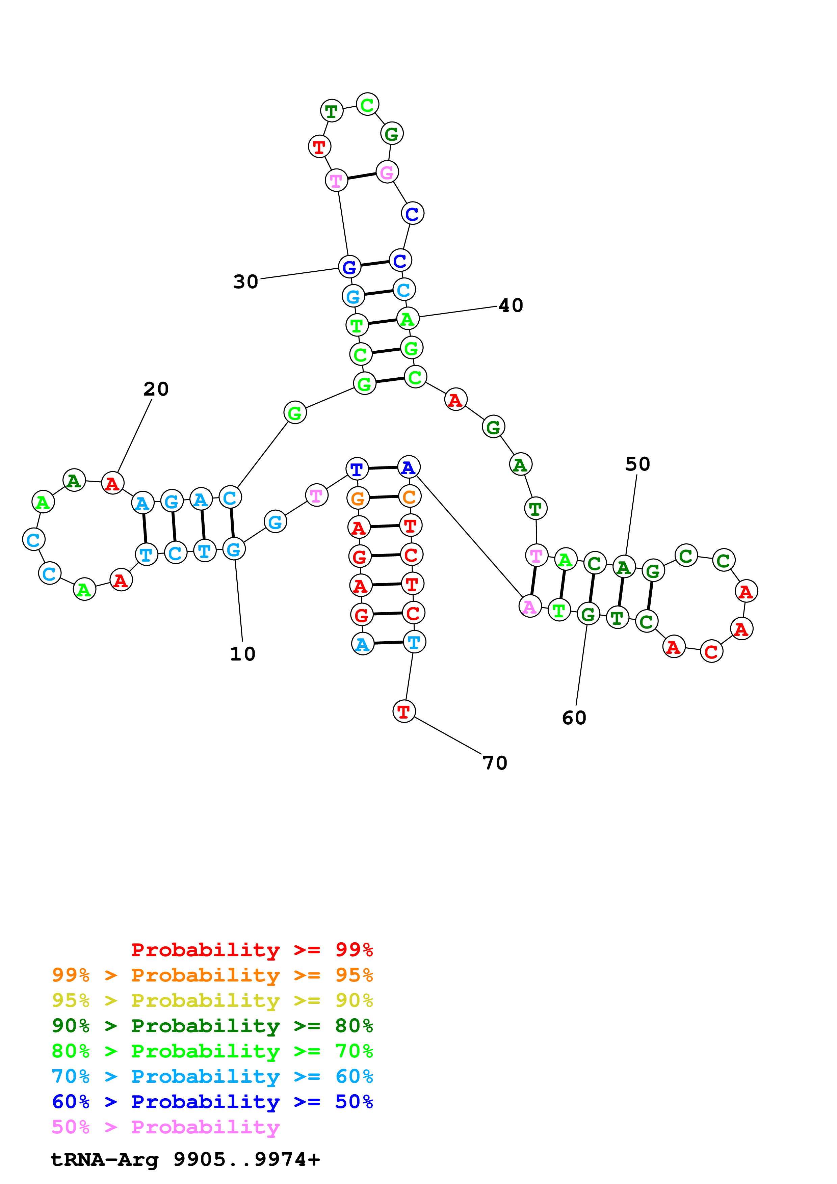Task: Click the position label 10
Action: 242,654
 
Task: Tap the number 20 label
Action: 156,389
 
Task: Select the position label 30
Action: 245,281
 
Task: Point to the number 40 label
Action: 511,305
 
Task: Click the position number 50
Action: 637,464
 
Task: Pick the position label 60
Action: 574,718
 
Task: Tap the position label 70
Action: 495,763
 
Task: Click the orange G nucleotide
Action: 358,499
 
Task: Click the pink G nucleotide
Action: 387,172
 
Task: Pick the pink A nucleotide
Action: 530,607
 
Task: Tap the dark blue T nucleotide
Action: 356,469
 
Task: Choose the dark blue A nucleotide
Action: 409,467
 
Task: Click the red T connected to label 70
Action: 404,711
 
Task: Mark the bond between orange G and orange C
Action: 384,497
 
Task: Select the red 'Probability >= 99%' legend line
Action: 252,949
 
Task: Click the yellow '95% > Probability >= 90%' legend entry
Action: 212,1000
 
